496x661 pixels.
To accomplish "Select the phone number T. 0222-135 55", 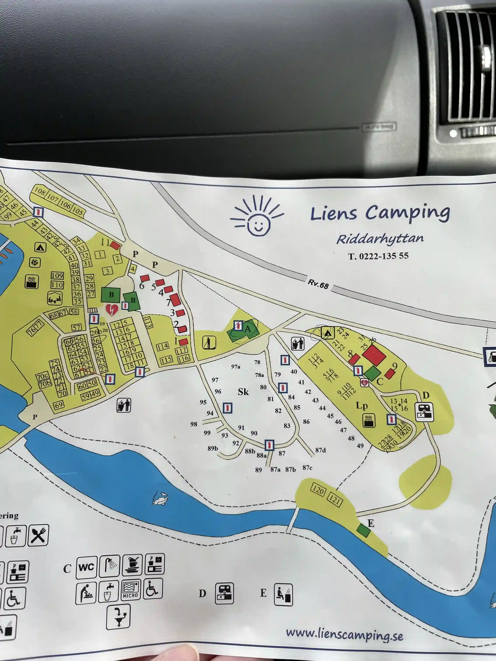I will [378, 256].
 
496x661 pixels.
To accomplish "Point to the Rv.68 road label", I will [318, 284].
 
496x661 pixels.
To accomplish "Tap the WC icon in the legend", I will [87, 567].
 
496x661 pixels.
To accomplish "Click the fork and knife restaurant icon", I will [38, 535].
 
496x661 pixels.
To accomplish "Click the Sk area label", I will [243, 392].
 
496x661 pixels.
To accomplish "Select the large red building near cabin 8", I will [374, 355].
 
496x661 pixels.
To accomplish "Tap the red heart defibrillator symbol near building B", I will [112, 310].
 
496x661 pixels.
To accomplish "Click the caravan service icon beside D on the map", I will [424, 412].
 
